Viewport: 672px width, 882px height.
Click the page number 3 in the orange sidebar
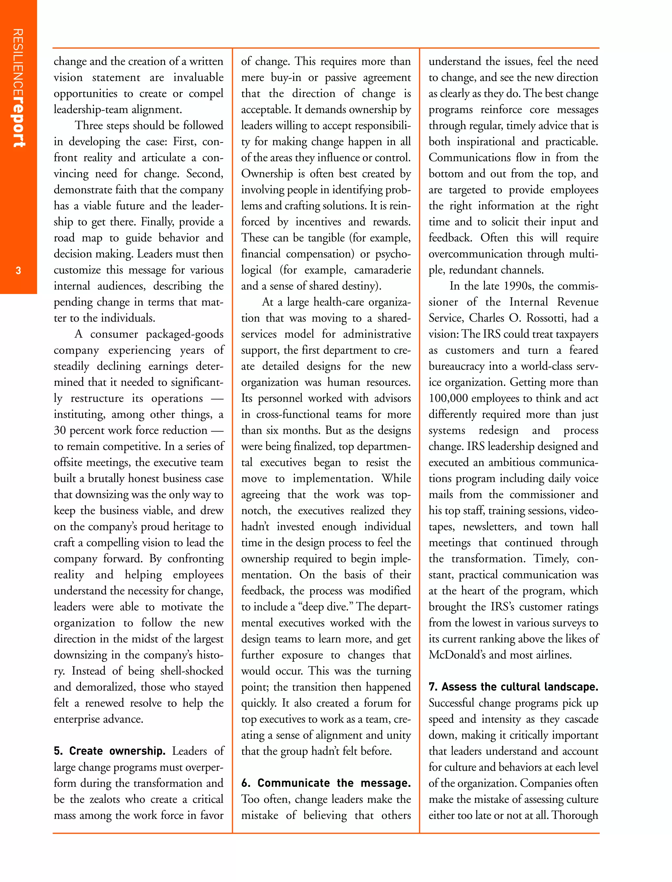[x=18, y=271]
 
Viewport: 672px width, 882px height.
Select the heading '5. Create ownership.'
[x=110, y=751]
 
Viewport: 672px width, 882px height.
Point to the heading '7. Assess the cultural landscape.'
[x=513, y=687]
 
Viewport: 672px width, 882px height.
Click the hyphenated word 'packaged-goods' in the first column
[x=184, y=334]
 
